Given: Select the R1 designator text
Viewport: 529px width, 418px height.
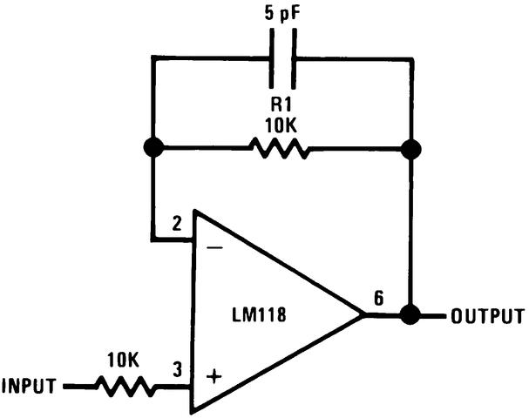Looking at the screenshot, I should (x=280, y=103).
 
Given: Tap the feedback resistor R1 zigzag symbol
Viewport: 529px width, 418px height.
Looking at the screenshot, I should (x=280, y=149).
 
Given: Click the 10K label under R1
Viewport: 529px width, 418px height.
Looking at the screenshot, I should (x=280, y=125).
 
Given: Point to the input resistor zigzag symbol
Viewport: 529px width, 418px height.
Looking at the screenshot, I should (x=125, y=385).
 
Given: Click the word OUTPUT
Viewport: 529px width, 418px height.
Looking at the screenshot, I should (x=487, y=315).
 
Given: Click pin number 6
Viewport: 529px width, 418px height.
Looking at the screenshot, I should (x=377, y=297).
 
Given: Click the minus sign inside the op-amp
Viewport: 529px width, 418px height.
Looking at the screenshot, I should (x=214, y=249).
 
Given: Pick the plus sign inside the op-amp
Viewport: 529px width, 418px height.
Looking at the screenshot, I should (x=214, y=377).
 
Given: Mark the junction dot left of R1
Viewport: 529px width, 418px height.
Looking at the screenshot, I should (x=154, y=149).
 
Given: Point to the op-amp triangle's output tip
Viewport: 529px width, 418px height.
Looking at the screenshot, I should (x=362, y=314).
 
